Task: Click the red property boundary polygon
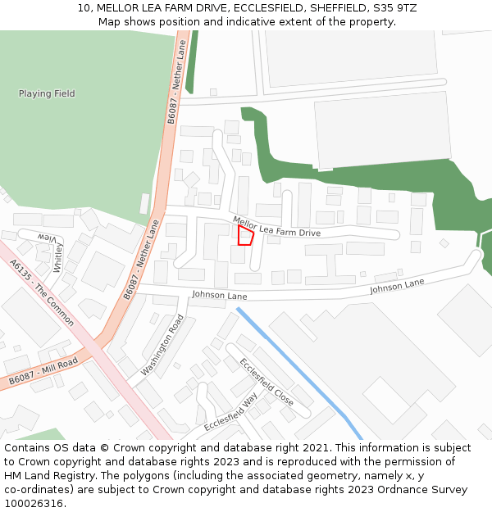click(245, 235)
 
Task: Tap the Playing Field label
click(47, 94)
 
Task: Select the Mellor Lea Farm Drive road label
click(276, 228)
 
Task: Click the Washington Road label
click(162, 345)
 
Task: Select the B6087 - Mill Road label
click(43, 370)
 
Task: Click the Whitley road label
click(58, 257)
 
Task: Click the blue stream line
click(299, 373)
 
